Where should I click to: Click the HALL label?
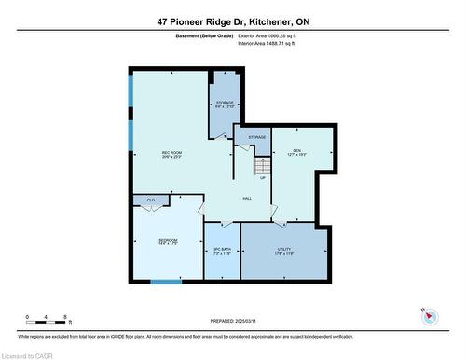[x=247, y=198]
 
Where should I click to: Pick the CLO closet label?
[x=149, y=200]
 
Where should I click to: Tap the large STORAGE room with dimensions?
[x=225, y=104]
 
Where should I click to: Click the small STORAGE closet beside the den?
[x=255, y=138]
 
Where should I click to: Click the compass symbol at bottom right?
[x=430, y=316]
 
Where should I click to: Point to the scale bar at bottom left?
[x=46, y=323]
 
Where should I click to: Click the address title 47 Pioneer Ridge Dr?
[x=232, y=21]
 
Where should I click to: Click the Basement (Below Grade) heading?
[x=204, y=35]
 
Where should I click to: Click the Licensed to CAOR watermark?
[x=27, y=354]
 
